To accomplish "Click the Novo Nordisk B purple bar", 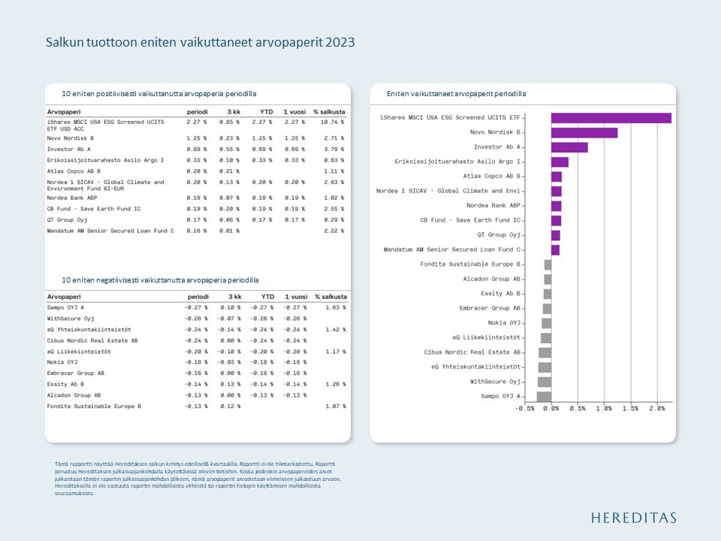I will tap(584, 133).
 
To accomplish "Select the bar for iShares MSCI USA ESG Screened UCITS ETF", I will tap(611, 118).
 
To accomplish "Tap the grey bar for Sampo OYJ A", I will tap(544, 397).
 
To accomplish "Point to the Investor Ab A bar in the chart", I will tap(569, 147).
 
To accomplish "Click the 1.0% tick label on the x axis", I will tap(603, 409).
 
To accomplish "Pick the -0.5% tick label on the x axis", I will tap(524, 409).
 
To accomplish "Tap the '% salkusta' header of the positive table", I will tap(329, 112).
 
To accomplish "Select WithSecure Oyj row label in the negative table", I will tap(71, 319).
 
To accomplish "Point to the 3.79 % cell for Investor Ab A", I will tap(332, 150).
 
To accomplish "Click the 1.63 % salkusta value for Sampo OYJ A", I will tap(335, 308).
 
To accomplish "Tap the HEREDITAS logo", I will tap(633, 518).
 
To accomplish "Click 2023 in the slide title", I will tap(340, 43).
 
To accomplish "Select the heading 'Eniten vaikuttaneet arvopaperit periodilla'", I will tap(456, 94).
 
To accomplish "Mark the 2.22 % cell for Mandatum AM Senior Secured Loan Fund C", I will tap(332, 231).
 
